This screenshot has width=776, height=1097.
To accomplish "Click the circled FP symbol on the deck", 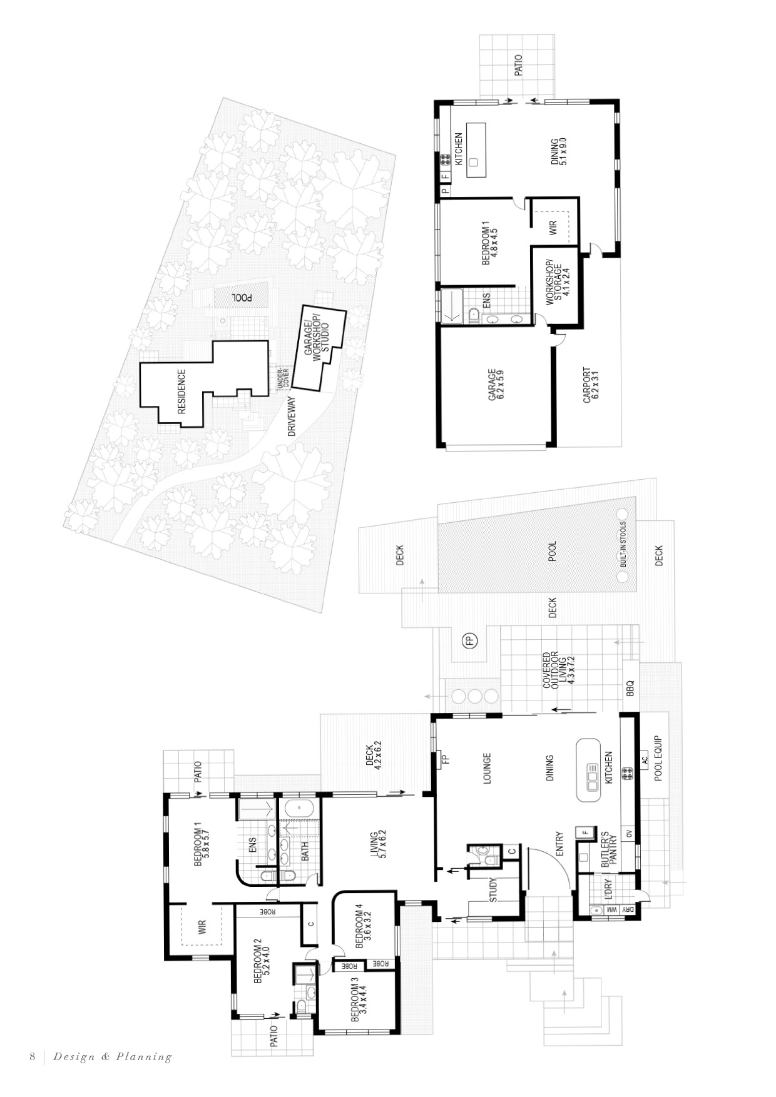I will [469, 640].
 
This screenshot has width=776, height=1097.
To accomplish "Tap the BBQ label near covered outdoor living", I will [630, 689].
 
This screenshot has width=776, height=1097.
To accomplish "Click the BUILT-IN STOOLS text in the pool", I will [623, 544].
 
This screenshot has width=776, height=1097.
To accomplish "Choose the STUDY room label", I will [493, 890].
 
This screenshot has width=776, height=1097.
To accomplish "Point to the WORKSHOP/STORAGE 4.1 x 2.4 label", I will [557, 283].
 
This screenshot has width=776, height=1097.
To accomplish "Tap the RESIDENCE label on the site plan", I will [182, 392].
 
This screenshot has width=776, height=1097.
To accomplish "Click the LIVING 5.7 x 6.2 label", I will [378, 844].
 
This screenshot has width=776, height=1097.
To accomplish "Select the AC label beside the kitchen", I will [645, 761].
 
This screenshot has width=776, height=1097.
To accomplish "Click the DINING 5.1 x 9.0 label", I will [559, 151].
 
